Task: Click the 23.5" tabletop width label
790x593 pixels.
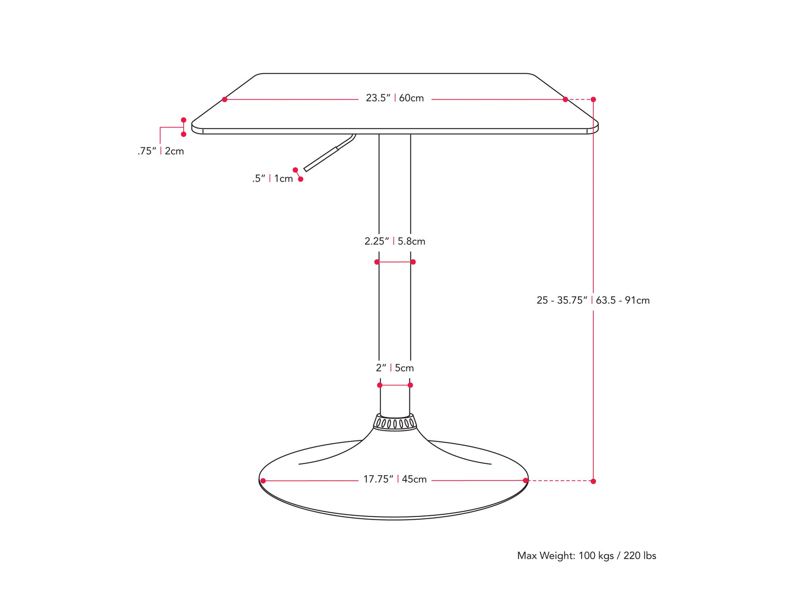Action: click(378, 98)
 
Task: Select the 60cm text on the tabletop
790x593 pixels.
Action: click(412, 98)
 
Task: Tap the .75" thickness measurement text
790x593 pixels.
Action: click(147, 151)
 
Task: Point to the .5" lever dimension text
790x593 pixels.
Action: click(259, 178)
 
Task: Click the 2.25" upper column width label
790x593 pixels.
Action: click(377, 241)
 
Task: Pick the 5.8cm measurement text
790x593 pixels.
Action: click(412, 241)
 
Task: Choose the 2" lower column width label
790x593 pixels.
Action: click(381, 368)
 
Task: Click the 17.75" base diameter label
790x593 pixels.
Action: click(378, 479)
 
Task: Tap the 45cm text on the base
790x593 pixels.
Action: click(414, 479)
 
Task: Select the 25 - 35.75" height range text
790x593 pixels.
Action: click(562, 300)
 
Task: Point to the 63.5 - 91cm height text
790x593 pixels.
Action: click(623, 300)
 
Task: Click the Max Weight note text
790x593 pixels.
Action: click(587, 556)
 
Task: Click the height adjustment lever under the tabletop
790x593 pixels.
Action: click(328, 153)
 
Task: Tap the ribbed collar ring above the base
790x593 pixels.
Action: click(394, 422)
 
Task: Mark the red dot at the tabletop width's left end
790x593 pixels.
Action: click(225, 100)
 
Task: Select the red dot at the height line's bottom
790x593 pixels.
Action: click(593, 481)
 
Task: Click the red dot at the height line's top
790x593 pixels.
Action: click(593, 100)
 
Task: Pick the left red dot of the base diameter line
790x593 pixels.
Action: click(263, 481)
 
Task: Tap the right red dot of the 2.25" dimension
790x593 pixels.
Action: click(413, 262)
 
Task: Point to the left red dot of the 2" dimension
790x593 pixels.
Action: click(380, 385)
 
